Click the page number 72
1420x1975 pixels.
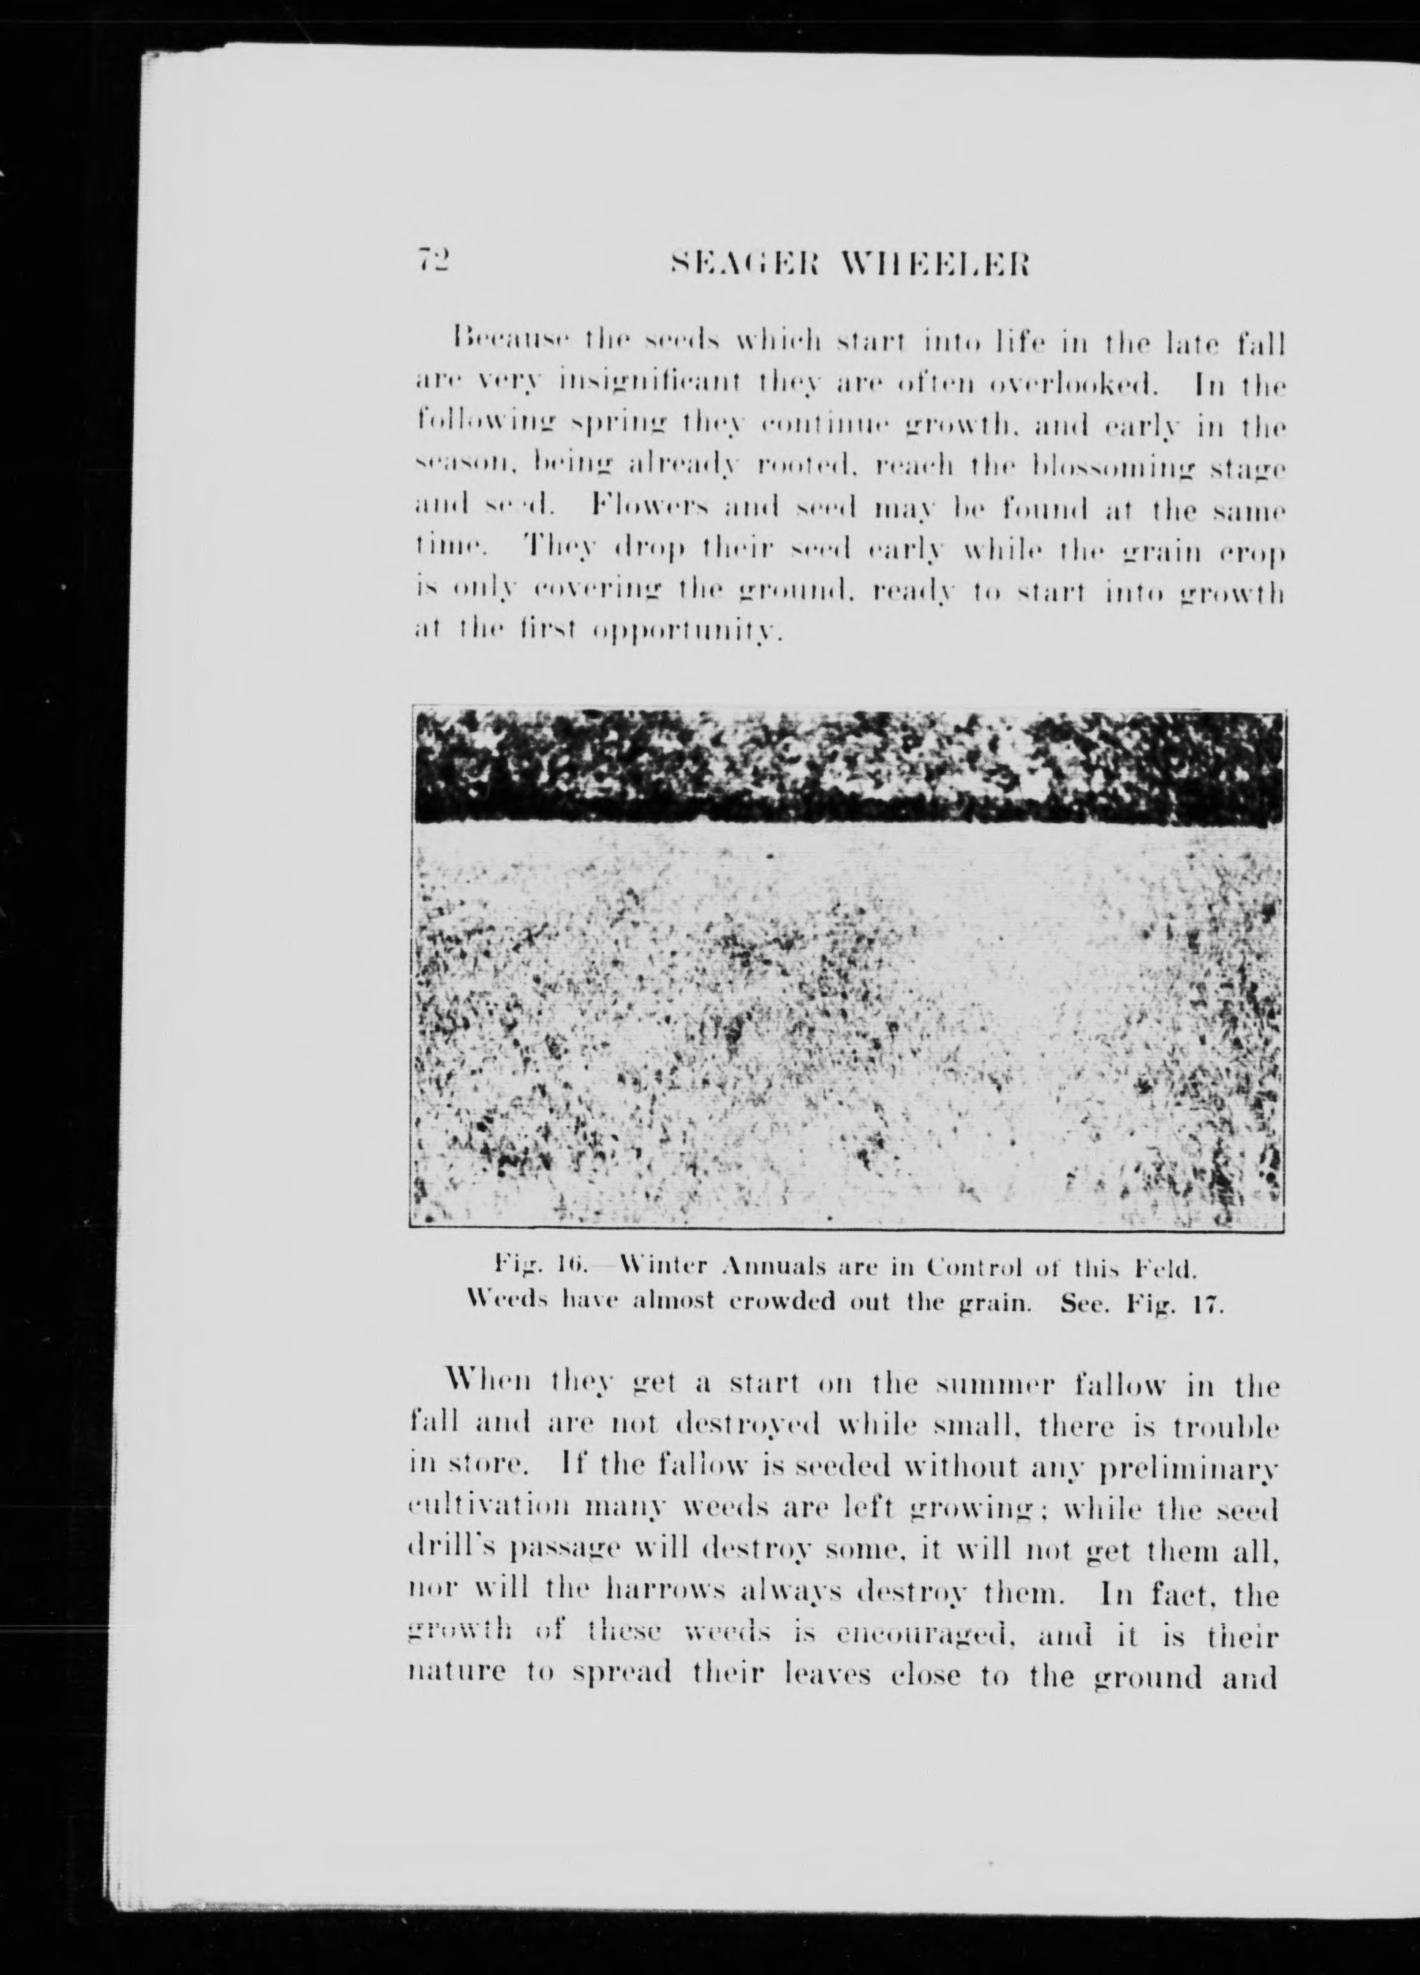pos(432,261)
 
